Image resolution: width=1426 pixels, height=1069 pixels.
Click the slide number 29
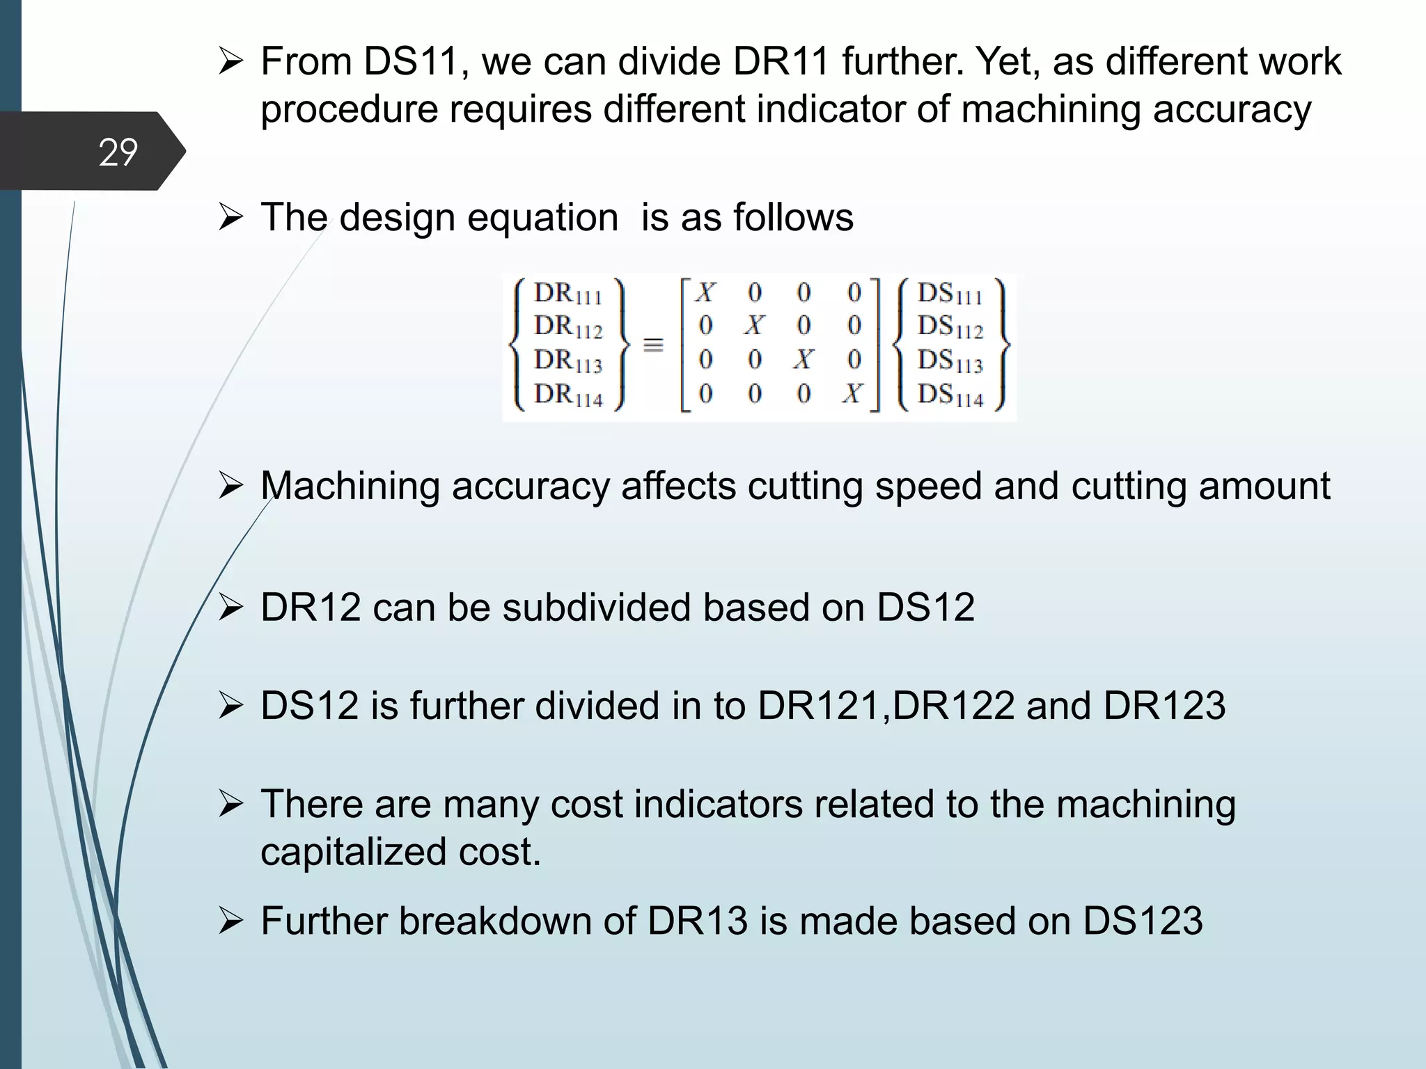coord(118,152)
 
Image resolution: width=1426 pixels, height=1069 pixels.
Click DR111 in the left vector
coord(567,294)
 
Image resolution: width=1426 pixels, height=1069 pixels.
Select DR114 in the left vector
coord(567,395)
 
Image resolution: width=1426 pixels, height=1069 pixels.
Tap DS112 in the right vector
coord(950,326)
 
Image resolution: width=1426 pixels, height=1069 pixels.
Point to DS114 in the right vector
coord(950,395)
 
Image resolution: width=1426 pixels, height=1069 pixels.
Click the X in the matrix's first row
coord(705,293)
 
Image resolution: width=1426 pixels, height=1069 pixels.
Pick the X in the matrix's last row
coord(852,395)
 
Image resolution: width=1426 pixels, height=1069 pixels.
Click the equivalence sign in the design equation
coord(652,345)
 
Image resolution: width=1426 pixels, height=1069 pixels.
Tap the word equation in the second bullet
coord(542,217)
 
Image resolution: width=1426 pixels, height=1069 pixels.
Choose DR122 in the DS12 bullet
coord(953,706)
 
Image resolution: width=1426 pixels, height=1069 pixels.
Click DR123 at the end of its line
coord(1164,706)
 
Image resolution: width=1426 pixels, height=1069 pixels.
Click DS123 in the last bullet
coord(1143,921)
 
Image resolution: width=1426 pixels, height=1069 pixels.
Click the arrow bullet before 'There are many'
coord(230,804)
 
